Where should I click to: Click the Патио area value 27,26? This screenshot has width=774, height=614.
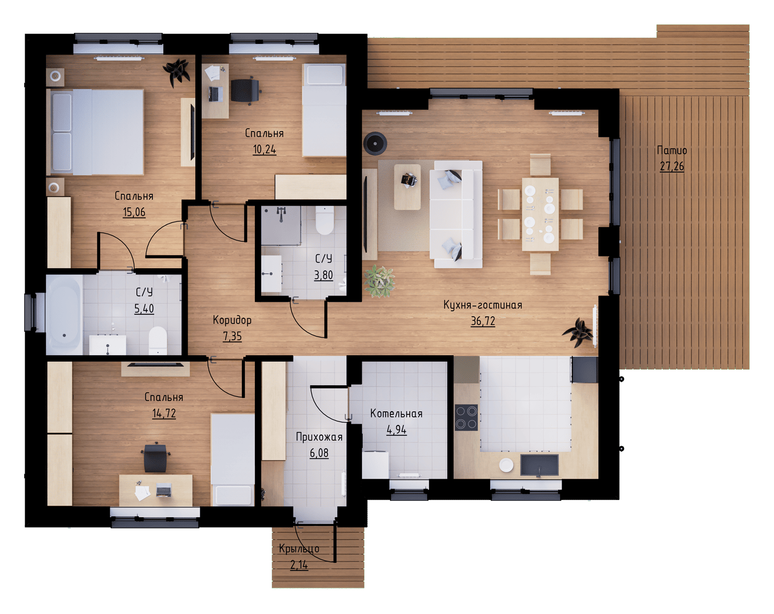point(672,166)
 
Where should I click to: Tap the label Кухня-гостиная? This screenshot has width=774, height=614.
point(483,305)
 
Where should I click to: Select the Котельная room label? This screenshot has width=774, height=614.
point(396,413)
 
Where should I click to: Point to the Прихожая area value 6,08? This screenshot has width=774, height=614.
point(319,453)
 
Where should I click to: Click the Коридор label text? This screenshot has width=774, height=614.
point(232,321)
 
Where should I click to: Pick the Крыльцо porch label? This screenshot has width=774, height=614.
point(299,549)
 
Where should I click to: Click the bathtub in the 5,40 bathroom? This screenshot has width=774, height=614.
point(64,315)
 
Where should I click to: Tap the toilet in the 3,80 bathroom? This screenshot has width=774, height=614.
point(325,219)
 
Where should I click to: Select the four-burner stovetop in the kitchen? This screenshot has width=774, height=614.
point(466,417)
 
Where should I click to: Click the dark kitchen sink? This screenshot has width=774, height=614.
point(539,465)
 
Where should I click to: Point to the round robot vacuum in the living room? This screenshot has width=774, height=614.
point(375,144)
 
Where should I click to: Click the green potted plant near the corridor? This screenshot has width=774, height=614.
point(379,281)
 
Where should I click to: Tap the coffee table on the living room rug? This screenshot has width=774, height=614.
point(407,187)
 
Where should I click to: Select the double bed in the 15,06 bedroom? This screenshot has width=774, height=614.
point(95,132)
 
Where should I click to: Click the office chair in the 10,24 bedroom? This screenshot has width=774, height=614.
point(246,90)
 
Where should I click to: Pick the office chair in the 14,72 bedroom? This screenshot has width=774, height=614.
point(155,458)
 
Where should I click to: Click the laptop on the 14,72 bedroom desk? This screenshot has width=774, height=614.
point(164,490)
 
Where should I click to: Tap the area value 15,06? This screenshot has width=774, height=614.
point(134,212)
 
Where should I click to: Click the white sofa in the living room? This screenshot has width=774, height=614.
point(456,214)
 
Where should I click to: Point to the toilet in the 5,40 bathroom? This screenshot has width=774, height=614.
point(158,340)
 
